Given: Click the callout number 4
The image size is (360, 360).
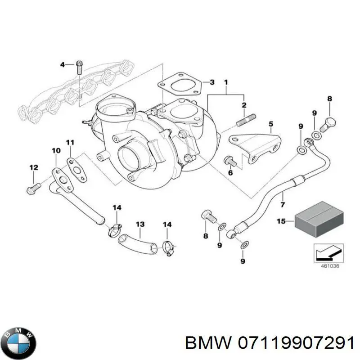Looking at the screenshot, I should click(63, 64).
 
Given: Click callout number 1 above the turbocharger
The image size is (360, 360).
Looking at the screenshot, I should click(226, 82).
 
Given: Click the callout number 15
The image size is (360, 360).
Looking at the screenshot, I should click(281, 221).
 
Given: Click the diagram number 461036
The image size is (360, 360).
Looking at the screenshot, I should click(330, 265).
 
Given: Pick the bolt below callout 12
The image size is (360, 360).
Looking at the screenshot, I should click(33, 185).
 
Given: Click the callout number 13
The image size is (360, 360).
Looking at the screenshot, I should click(140, 224).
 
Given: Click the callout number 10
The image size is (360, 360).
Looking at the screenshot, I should click(55, 150).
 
